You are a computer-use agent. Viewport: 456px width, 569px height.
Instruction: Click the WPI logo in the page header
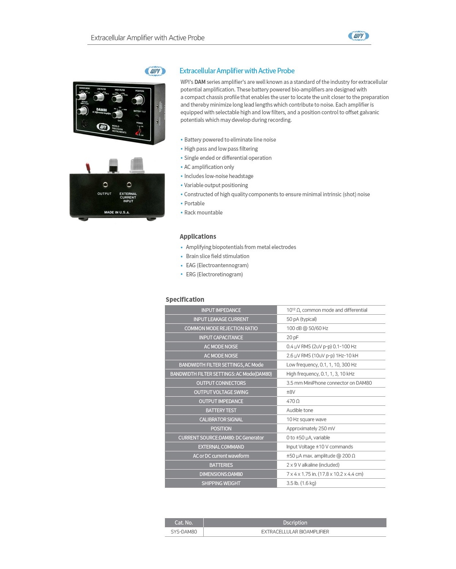click(358, 36)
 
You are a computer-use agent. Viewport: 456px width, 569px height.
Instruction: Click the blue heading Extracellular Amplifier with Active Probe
click(237, 71)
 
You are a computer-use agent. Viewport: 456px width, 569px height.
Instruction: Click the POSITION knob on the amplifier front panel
click(138, 100)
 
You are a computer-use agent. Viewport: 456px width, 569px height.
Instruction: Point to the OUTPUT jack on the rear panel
click(105, 185)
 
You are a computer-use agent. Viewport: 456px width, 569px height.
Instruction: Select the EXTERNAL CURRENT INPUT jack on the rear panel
click(129, 185)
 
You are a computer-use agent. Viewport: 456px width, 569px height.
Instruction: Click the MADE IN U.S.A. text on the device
click(117, 212)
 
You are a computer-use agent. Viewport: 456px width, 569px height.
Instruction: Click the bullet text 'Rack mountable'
click(203, 213)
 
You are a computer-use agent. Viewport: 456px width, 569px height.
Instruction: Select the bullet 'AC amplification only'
click(209, 167)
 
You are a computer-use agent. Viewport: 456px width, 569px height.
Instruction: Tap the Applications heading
click(198, 236)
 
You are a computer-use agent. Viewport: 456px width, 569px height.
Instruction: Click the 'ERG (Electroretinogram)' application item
click(214, 274)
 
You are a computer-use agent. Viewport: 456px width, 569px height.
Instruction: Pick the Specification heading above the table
click(185, 299)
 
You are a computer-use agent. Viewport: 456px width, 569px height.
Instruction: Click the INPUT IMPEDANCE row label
click(221, 310)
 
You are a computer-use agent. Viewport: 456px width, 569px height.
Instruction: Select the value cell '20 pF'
click(293, 337)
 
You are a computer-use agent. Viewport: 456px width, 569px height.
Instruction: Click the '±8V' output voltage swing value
click(291, 392)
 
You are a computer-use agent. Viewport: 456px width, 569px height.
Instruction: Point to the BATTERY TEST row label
click(221, 410)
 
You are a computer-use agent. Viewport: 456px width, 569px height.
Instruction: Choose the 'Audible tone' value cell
click(300, 410)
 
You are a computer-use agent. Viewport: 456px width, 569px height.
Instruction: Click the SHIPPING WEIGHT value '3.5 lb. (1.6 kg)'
click(301, 483)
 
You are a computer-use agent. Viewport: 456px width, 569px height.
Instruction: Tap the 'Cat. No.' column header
click(184, 523)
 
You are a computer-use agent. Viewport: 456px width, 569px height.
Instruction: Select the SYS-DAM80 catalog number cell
click(184, 532)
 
